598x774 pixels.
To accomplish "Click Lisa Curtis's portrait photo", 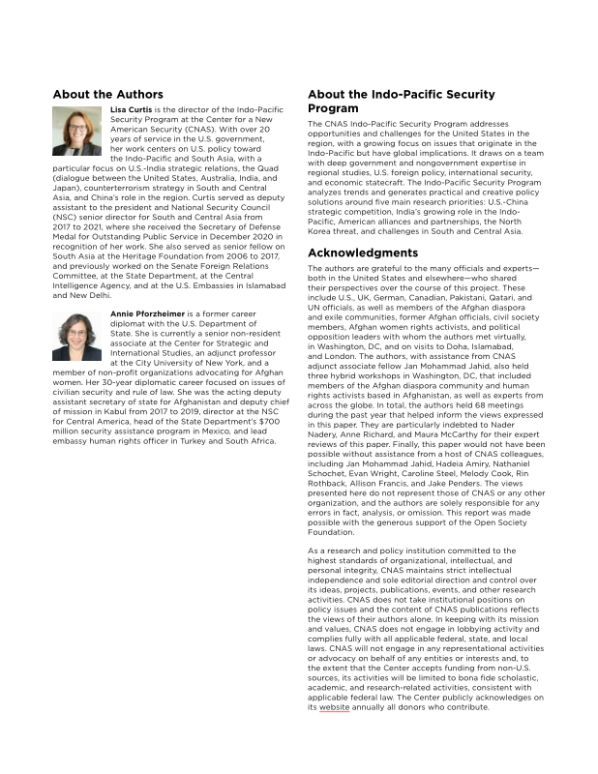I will click(x=77, y=132).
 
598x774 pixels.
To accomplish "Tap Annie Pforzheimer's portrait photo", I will click(x=77, y=337).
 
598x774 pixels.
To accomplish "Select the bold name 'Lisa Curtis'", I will click(x=132, y=110).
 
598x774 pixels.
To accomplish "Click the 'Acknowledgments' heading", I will click(x=363, y=253).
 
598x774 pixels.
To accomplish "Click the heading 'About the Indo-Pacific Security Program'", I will click(x=402, y=102).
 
